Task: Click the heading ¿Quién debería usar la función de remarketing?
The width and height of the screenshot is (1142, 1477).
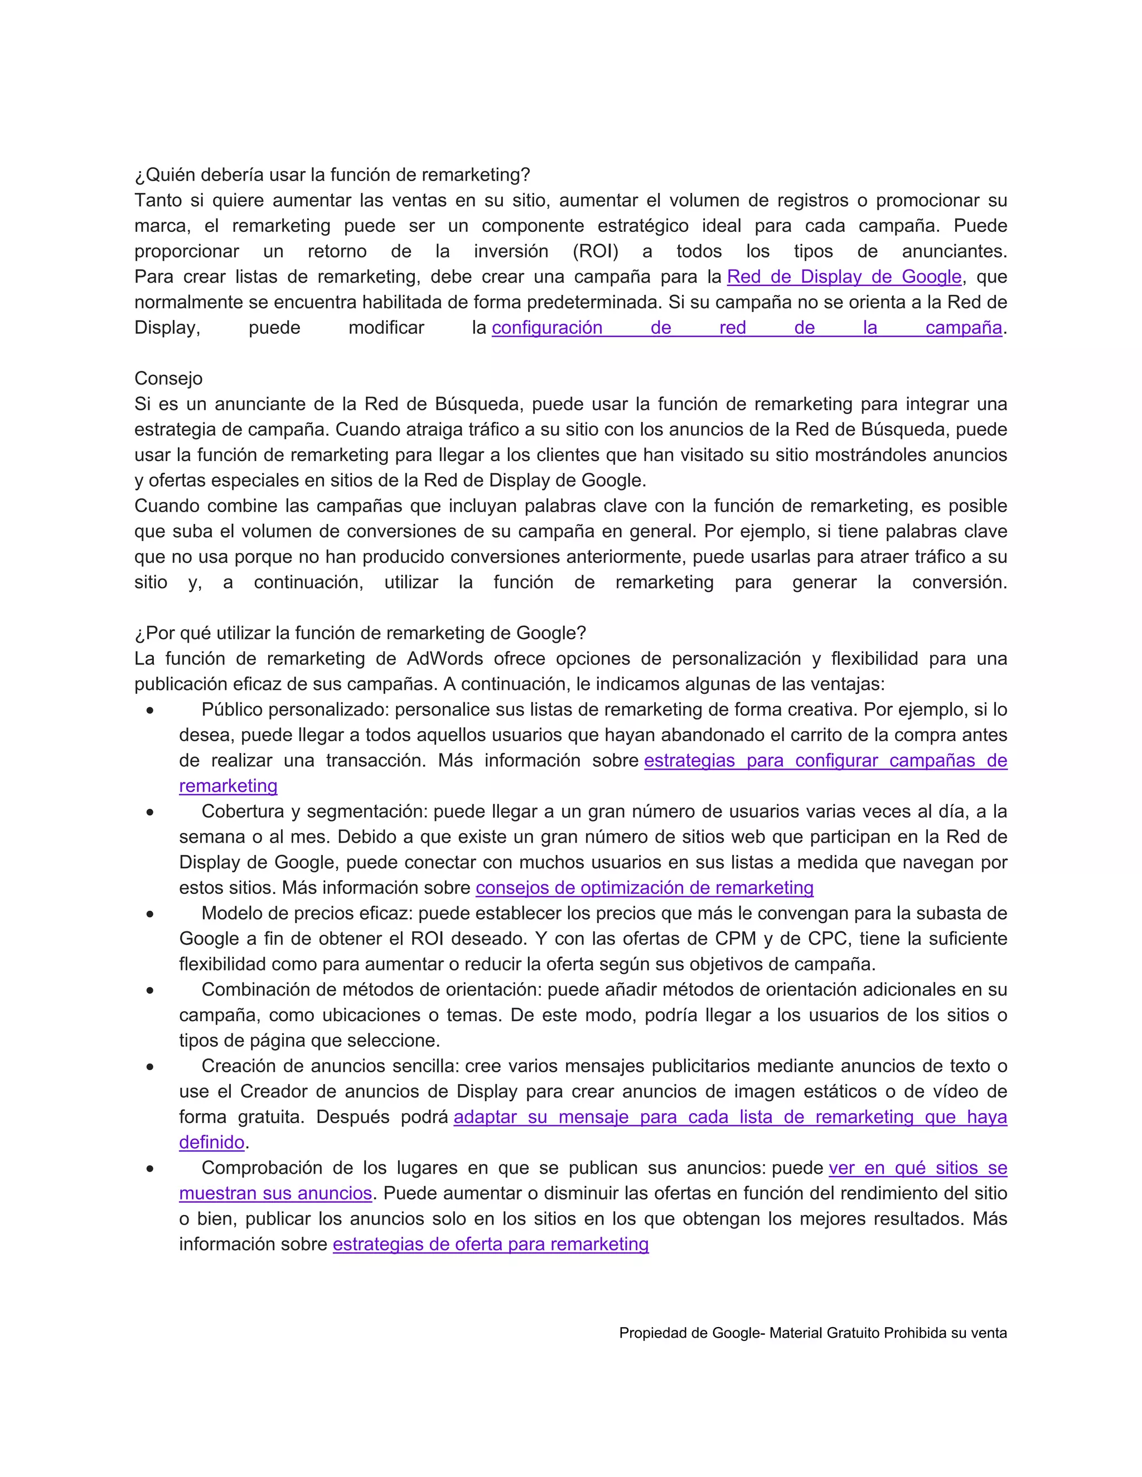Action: (x=332, y=174)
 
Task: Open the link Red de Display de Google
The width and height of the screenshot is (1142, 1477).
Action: (x=844, y=276)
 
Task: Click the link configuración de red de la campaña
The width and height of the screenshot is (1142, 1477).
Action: (x=746, y=327)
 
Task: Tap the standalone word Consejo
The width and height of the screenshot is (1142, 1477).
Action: (x=168, y=378)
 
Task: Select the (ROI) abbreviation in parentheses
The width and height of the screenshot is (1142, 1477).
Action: (x=596, y=251)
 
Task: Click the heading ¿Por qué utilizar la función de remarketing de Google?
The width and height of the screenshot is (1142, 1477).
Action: (x=360, y=633)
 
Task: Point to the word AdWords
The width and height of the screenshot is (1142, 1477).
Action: (x=444, y=659)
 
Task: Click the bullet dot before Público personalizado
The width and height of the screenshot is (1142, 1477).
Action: (x=149, y=711)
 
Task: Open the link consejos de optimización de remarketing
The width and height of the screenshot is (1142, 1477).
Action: (x=644, y=887)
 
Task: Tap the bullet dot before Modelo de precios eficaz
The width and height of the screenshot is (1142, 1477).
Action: (x=149, y=914)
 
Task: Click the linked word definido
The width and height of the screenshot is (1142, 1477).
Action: (x=211, y=1142)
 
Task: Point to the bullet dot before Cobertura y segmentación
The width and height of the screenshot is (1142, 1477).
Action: (x=149, y=812)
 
